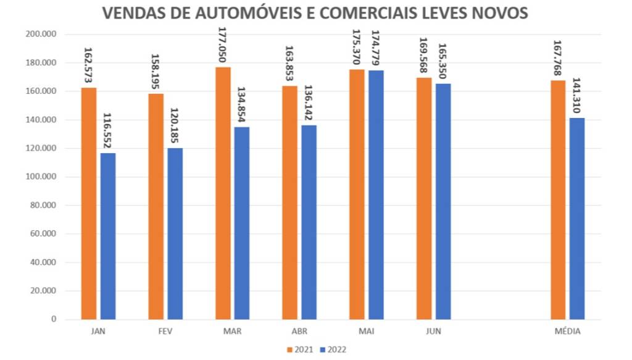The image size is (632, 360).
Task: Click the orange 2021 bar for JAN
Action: point(89,204)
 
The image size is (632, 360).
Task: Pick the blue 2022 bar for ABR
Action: point(309,222)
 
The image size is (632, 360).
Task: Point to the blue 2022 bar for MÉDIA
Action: point(576,219)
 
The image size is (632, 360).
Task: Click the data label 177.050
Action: point(223,44)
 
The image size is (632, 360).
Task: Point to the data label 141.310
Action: point(576,95)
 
